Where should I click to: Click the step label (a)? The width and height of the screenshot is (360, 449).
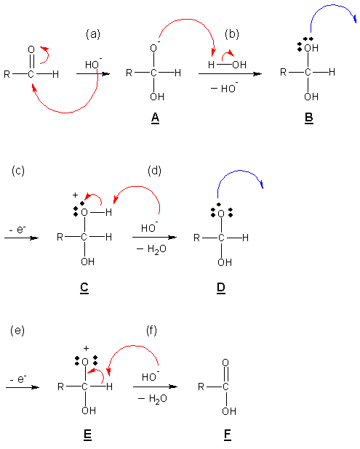pos(93,34)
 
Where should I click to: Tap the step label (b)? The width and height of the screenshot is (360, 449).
pos(232,34)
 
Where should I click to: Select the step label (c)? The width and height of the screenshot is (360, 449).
pos(18,171)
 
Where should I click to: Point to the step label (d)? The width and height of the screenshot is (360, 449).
pos(154,171)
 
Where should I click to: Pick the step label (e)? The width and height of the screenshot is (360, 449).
pos(17,331)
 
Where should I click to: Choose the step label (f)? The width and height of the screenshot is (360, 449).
pos(151,331)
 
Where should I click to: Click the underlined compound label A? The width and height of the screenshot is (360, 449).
pos(155,118)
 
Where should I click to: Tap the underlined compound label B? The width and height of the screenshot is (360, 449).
pos(309,118)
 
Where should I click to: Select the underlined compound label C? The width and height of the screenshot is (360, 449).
pos(84,288)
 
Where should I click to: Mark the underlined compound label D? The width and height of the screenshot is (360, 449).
pos(221,288)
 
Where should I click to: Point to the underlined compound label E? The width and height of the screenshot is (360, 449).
pos(87,435)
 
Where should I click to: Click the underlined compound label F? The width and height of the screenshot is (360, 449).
pos(228,435)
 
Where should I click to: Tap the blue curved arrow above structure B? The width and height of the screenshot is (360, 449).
pos(333,5)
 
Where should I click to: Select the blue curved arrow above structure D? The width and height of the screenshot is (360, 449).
pos(239,171)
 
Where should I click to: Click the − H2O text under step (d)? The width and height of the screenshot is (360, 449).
pos(151,249)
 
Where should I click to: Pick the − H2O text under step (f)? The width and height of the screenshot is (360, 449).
pos(153,399)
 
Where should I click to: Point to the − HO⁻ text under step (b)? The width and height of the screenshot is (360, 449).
pos(225,88)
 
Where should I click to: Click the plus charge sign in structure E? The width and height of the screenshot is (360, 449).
pos(86,348)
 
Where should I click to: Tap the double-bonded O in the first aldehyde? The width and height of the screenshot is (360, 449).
pos(31,49)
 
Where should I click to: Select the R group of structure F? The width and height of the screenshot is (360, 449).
pos(201,387)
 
